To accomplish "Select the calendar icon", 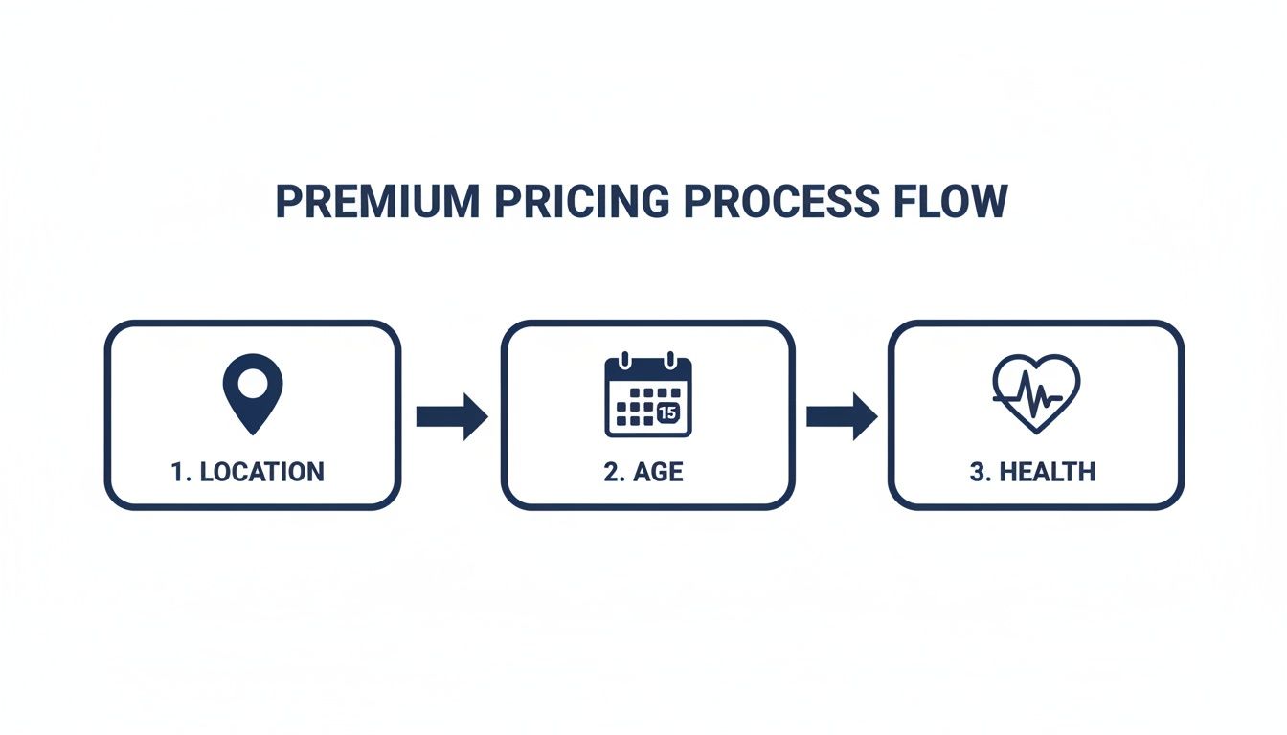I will coord(648,395).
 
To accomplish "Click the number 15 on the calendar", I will coord(668,412).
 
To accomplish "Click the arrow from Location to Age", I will coord(452,416).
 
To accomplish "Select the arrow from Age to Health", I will coord(842,416).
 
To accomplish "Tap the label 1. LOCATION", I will coord(247,472).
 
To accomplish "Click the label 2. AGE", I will coord(643,473).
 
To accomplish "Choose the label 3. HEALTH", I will coord(1032,472).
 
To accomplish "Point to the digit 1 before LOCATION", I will coord(176,472).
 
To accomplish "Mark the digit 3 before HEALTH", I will coord(976,472).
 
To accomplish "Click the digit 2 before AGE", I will coord(610,473).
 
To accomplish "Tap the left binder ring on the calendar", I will coord(625,361).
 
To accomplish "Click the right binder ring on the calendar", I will coord(671,361).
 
